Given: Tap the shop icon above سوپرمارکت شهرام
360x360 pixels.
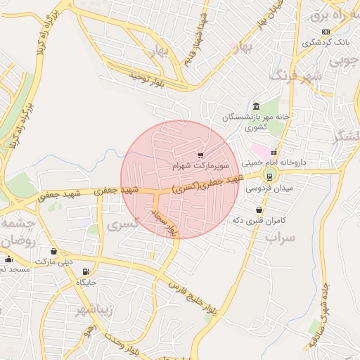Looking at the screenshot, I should [x=200, y=155].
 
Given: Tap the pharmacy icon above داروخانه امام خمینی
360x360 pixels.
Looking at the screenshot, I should [x=274, y=153].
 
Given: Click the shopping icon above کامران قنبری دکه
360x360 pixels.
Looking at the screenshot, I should [x=259, y=210].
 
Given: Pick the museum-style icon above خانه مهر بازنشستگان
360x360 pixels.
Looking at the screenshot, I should [x=256, y=105].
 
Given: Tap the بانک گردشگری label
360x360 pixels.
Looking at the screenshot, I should [x=325, y=42].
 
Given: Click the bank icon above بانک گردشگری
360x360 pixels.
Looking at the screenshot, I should [x=326, y=32].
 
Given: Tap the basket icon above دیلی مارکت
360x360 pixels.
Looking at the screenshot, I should [x=54, y=251].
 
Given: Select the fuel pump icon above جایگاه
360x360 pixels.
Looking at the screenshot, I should [x=86, y=271].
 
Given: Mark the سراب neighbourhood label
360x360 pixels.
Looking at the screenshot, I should [x=280, y=237].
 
